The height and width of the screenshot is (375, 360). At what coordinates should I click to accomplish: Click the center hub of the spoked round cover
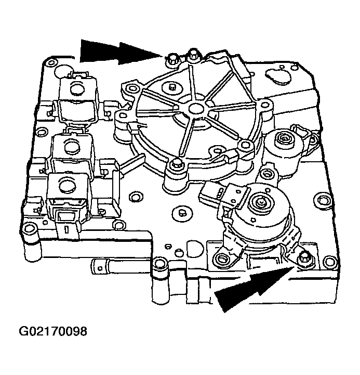(195, 109)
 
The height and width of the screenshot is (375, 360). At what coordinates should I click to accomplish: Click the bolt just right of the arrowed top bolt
(193, 54)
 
